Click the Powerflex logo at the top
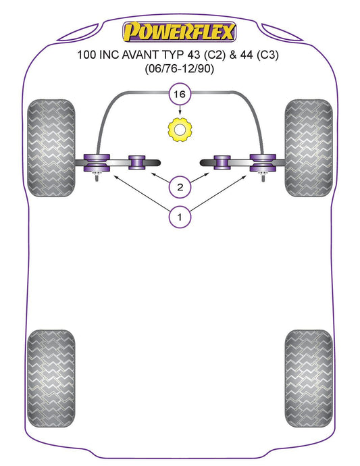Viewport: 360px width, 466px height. pyautogui.click(x=180, y=32)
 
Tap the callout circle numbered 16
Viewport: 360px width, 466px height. pyautogui.click(x=180, y=94)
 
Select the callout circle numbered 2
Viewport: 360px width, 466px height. pyautogui.click(x=180, y=187)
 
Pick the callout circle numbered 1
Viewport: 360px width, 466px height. pyautogui.click(x=180, y=217)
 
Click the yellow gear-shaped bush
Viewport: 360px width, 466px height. pyautogui.click(x=180, y=130)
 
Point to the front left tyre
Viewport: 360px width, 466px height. pyautogui.click(x=51, y=148)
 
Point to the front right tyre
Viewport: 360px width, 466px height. pyautogui.click(x=309, y=148)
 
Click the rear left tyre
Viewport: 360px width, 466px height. pyautogui.click(x=51, y=378)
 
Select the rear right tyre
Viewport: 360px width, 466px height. pyautogui.click(x=309, y=378)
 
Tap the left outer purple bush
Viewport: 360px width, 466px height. pyautogui.click(x=97, y=163)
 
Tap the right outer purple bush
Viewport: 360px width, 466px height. pyautogui.click(x=263, y=163)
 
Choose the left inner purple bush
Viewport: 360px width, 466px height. pyautogui.click(x=136, y=163)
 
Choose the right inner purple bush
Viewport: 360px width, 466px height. pyautogui.click(x=222, y=163)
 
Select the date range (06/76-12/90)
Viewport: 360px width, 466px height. pyautogui.click(x=179, y=69)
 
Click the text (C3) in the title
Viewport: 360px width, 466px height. pyautogui.click(x=267, y=55)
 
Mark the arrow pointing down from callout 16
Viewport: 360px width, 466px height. pyautogui.click(x=180, y=111)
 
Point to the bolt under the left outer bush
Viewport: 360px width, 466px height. pyautogui.click(x=97, y=177)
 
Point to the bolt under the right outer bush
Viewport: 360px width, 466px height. pyautogui.click(x=263, y=177)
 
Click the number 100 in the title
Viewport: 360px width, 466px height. pyautogui.click(x=86, y=55)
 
